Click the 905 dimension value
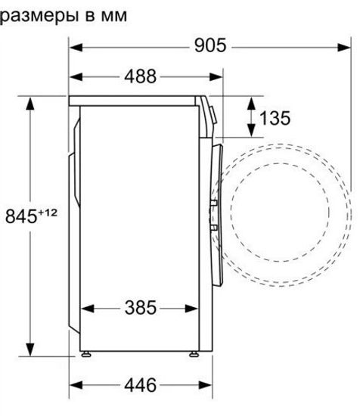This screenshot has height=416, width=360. (208, 45)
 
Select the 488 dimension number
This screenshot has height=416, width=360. (140, 76)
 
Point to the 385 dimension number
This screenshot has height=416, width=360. (140, 308)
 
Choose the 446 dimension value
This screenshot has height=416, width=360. (140, 385)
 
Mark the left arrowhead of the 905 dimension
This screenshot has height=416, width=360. (75, 45)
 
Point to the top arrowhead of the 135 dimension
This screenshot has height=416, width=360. (250, 101)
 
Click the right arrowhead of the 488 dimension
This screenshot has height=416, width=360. (218, 76)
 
